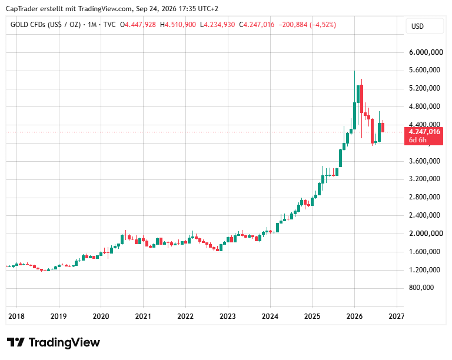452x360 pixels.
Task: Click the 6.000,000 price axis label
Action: (x=426, y=52)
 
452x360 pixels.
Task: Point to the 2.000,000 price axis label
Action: (x=426, y=234)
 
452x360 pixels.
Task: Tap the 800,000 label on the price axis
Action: (x=421, y=288)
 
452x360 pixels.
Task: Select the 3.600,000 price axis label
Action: (x=424, y=161)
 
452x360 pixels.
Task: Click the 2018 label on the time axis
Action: (x=16, y=316)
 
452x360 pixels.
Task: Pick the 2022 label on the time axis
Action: (x=185, y=316)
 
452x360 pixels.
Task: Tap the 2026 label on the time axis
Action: (x=354, y=316)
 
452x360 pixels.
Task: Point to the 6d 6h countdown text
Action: (x=417, y=140)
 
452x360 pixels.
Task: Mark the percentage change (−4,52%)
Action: (x=323, y=25)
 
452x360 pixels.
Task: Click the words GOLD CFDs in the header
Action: (x=28, y=25)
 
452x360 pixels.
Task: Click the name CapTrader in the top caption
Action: (x=22, y=9)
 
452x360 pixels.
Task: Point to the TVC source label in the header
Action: (x=109, y=25)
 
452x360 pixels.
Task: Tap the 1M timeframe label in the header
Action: (x=92, y=25)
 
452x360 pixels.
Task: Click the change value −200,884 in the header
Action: (x=293, y=25)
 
